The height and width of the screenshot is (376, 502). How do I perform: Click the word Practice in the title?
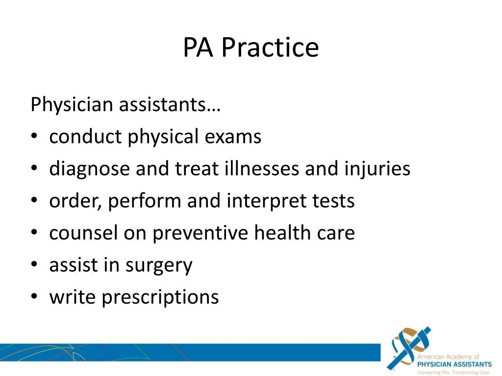(x=270, y=48)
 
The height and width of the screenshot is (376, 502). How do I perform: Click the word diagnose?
(x=89, y=169)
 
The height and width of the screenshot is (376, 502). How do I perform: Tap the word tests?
(x=332, y=201)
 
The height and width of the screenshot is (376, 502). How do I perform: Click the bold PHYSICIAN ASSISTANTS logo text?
(x=454, y=365)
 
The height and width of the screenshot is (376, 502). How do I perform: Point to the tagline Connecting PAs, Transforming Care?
(x=453, y=373)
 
